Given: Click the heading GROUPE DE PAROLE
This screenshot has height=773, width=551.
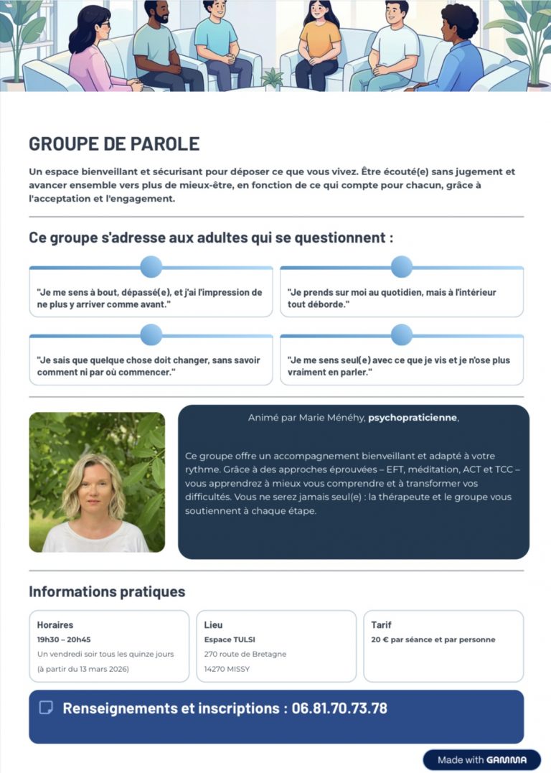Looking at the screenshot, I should tap(114, 144).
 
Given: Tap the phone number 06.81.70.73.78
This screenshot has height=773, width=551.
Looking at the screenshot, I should tap(339, 708).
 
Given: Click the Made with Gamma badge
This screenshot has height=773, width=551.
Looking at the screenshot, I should tap(481, 760).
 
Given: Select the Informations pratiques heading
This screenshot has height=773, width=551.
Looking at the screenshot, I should tap(107, 592).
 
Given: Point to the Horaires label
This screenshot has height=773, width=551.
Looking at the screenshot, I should tap(55, 625).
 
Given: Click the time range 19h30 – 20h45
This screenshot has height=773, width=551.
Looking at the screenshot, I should tap(64, 640).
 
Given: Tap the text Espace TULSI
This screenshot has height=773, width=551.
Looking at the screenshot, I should tap(230, 640).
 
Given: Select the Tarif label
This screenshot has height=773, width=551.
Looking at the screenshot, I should tap(381, 625).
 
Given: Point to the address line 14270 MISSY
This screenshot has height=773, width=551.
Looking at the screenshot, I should tap(227, 669).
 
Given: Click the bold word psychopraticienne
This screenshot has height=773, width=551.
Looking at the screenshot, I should tap(412, 418).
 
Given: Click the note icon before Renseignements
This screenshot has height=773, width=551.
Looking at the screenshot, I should tap(46, 708).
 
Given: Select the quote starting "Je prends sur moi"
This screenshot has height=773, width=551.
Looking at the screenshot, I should tap(391, 299).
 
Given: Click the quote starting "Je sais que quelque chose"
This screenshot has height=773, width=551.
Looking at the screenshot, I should tap(149, 366).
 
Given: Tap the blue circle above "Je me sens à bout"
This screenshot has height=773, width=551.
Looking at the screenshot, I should tap(151, 267).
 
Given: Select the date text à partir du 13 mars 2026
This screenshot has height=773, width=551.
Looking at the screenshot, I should tap(83, 669).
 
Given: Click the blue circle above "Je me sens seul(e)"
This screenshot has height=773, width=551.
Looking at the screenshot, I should tap(402, 334).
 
